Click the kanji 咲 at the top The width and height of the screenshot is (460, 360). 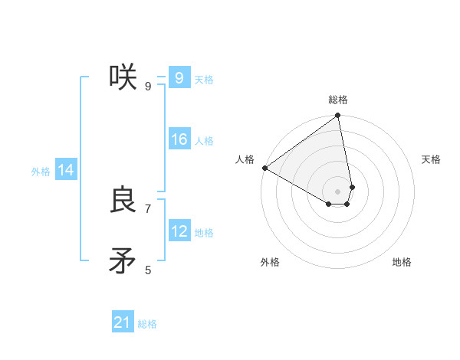pos(123,77)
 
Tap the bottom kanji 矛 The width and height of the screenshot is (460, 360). pos(123,261)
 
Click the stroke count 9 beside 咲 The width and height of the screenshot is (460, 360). pos(148,86)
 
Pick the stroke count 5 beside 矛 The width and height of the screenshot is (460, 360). pos(148,270)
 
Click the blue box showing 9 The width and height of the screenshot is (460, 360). pos(179,78)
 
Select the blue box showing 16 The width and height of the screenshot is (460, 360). pos(179,139)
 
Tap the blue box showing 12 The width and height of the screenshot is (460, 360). pos(179,231)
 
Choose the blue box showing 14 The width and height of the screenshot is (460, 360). pos(66,171)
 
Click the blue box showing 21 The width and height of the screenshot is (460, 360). pos(123,322)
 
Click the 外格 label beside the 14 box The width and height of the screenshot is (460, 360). pos(41,172)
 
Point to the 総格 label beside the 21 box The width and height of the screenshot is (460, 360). pos(147,324)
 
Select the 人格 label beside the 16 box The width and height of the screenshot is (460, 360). pos(204,141)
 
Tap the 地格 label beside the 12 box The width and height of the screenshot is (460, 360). pos(204,233)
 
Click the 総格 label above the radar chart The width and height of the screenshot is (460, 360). pos(338,100)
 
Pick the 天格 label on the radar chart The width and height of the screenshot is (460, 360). pos(432,159)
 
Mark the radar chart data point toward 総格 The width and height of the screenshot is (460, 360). pos(338,116)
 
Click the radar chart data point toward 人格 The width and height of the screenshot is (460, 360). pos(264,168)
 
